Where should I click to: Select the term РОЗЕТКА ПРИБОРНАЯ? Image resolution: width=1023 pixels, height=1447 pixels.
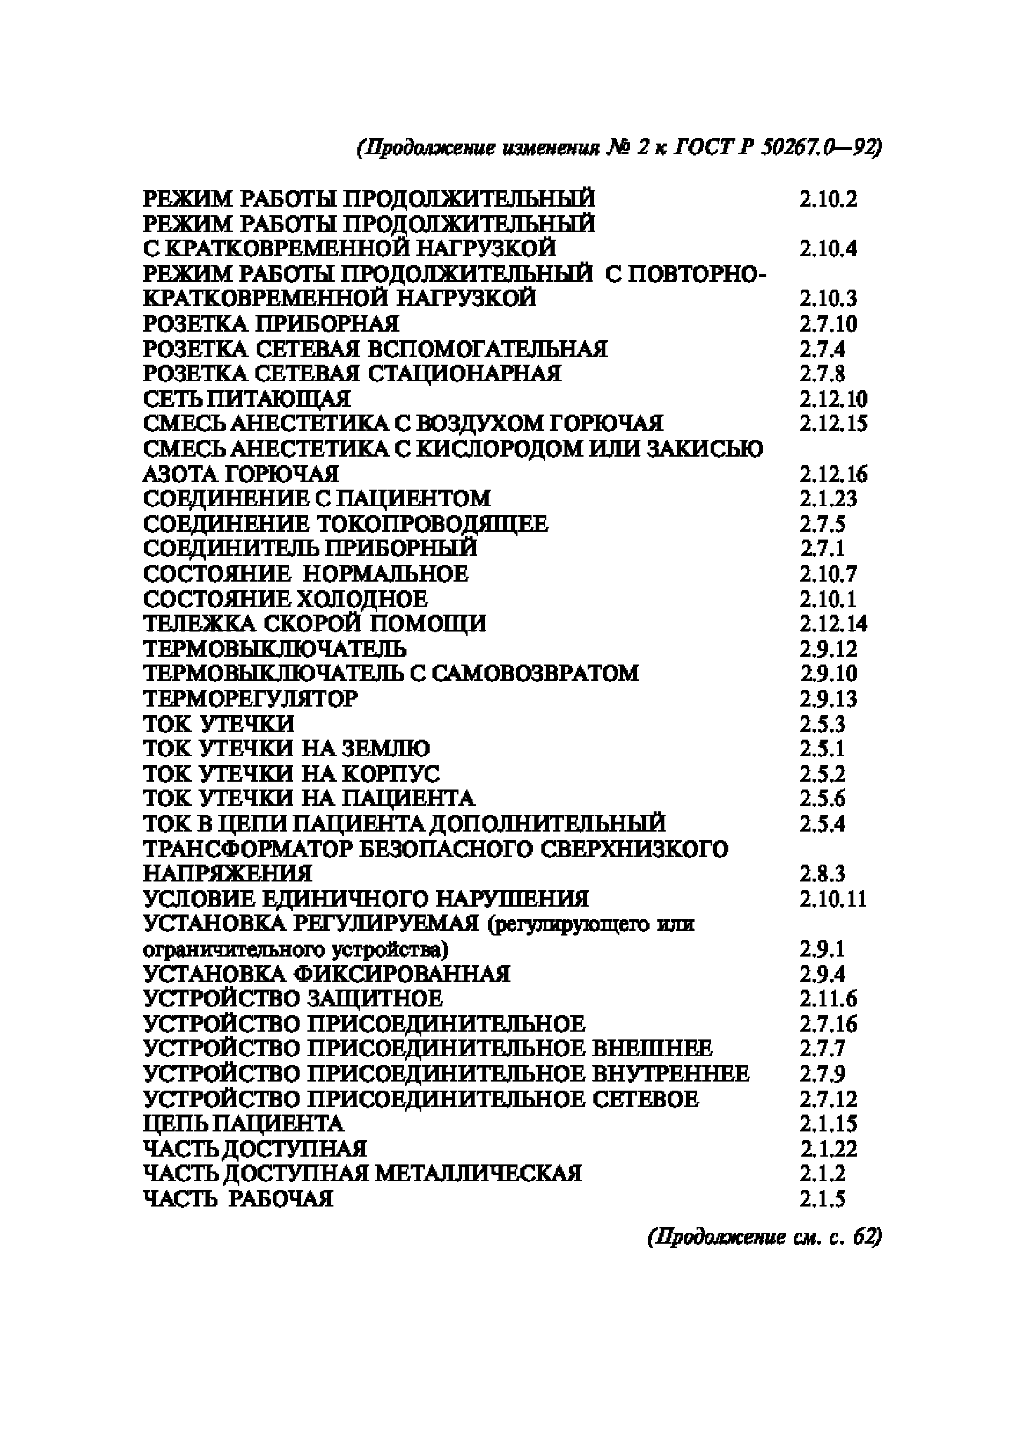pyautogui.click(x=271, y=324)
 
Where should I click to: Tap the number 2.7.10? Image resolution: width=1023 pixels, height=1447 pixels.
pyautogui.click(x=828, y=324)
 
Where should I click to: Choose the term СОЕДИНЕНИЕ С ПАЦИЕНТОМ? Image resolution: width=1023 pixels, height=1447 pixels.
pyautogui.click(x=317, y=499)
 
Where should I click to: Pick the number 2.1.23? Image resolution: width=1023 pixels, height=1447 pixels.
pyautogui.click(x=828, y=499)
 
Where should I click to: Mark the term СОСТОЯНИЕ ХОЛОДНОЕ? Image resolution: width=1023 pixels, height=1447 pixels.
pyautogui.click(x=285, y=598)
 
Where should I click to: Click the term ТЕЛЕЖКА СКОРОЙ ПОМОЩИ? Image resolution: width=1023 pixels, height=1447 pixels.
pyautogui.click(x=314, y=623)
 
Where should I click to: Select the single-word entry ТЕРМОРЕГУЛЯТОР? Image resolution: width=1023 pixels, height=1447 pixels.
pyautogui.click(x=250, y=698)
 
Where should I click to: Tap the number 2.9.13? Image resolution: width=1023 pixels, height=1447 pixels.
pyautogui.click(x=828, y=698)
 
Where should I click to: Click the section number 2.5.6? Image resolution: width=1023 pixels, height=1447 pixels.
pyautogui.click(x=822, y=799)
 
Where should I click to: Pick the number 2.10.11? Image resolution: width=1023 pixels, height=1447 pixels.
pyautogui.click(x=833, y=898)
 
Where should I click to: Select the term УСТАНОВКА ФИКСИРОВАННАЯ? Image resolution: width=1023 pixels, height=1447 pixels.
pyautogui.click(x=326, y=974)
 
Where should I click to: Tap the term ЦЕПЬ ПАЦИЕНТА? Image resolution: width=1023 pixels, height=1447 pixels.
pyautogui.click(x=243, y=1124)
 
